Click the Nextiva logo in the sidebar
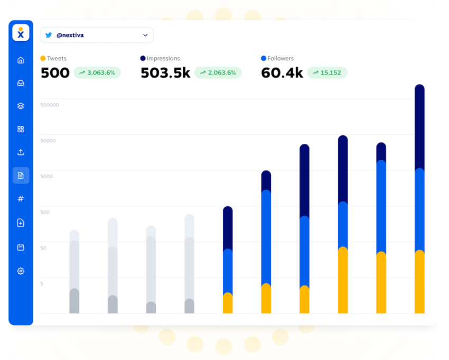(x=21, y=33)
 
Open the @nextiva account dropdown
(x=97, y=35)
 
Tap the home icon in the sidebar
(x=21, y=60)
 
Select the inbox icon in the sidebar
(x=21, y=83)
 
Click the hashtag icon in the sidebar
(x=21, y=199)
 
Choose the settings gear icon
(x=21, y=271)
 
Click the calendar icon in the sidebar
(x=21, y=247)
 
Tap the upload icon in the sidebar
(x=21, y=152)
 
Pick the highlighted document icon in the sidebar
(x=21, y=176)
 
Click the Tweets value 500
(x=55, y=73)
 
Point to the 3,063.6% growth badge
(x=97, y=73)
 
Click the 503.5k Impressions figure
(x=165, y=73)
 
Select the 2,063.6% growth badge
(x=218, y=73)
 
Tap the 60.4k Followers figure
(x=282, y=73)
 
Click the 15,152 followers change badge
(x=326, y=73)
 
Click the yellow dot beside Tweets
(x=43, y=59)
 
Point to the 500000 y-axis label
(x=50, y=105)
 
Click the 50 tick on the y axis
(x=44, y=248)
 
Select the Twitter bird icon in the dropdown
(x=49, y=35)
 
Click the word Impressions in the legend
(x=163, y=59)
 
